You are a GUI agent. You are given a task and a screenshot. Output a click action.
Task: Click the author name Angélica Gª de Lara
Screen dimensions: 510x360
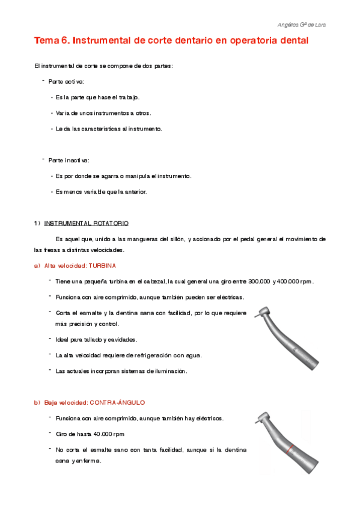305,25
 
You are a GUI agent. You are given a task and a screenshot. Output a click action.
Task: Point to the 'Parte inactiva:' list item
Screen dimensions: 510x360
69,160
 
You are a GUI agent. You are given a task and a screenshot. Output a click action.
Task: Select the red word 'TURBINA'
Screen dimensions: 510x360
102,265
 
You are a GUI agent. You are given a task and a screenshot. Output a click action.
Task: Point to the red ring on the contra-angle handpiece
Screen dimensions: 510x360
290,448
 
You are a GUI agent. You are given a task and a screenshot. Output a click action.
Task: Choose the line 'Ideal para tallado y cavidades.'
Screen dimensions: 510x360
96,340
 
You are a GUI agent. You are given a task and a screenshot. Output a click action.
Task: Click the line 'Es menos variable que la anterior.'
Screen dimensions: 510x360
101,192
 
